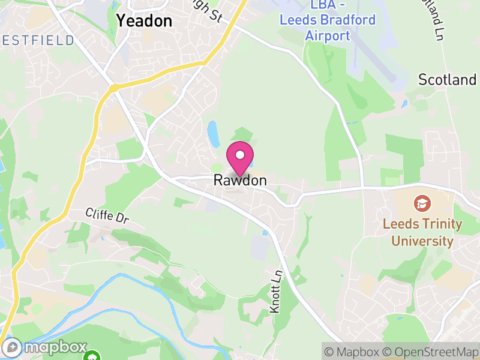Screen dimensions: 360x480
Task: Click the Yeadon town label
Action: pos(144,21)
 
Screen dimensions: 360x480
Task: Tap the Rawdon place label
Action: pos(240,181)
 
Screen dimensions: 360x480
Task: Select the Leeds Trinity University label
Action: pos(422,233)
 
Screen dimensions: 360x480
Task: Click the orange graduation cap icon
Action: pos(422,203)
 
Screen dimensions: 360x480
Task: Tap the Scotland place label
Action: pos(448,80)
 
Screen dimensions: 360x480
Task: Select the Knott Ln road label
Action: pos(276,290)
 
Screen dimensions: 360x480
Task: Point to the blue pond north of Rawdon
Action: pos(213,133)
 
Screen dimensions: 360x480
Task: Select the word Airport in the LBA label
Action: pos(328,35)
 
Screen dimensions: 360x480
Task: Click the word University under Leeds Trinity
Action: pos(422,241)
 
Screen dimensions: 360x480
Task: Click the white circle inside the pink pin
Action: pos(240,155)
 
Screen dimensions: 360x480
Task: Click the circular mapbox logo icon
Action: pos(12,347)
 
